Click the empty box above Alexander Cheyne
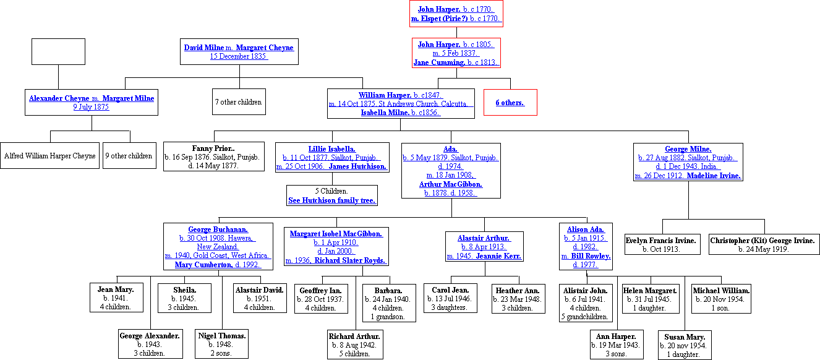[58, 51]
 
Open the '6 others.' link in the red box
[510, 103]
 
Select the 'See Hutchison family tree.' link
[332, 200]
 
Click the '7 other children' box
[238, 102]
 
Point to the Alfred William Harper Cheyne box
[49, 156]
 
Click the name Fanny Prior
[213, 148]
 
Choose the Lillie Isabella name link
[332, 149]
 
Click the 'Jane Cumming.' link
[439, 62]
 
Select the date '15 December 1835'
[239, 56]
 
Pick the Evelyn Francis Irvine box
[660, 244]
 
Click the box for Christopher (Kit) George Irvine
[764, 244]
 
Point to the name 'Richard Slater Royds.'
[350, 260]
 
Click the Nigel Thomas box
[222, 344]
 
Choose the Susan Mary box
[685, 345]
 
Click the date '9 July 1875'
[91, 107]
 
